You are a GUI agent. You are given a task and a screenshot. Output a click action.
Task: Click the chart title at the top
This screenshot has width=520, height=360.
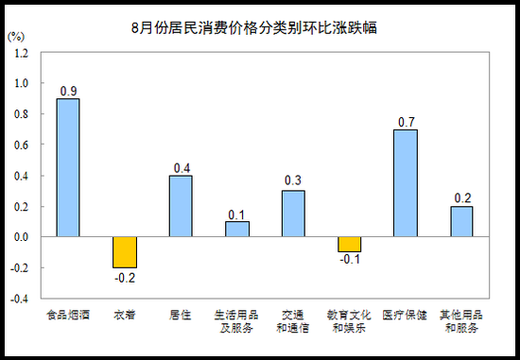[254, 27]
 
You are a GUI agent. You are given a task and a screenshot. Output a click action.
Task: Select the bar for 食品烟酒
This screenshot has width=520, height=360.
[68, 167]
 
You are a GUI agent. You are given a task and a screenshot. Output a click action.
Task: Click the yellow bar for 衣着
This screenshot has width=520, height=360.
[125, 252]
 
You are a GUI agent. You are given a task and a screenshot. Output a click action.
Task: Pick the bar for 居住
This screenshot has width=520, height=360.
[181, 206]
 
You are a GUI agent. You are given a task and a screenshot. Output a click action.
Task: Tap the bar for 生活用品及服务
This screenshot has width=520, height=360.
[237, 229]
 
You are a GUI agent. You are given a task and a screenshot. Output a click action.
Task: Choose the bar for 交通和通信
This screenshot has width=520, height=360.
[293, 214]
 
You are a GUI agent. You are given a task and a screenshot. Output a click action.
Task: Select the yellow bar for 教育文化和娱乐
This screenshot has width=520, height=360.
[350, 245]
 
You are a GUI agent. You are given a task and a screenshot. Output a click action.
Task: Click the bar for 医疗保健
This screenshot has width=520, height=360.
[406, 183]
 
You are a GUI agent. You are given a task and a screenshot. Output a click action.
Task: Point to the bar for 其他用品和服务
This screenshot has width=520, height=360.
[461, 221]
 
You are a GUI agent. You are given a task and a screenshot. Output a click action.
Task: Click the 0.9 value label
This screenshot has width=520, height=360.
[69, 91]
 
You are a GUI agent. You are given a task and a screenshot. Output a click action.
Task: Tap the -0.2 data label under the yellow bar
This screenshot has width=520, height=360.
[125, 278]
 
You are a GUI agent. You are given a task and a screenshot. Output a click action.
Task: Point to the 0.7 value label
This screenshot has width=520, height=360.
[407, 122]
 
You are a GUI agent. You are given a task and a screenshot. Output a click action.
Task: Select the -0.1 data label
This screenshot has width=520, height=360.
[350, 259]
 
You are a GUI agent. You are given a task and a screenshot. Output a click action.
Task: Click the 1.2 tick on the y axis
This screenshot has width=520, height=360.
[21, 53]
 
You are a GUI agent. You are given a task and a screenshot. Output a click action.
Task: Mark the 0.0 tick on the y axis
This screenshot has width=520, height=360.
[21, 237]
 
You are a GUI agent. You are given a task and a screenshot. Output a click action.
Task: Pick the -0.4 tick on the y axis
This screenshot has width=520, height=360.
[20, 299]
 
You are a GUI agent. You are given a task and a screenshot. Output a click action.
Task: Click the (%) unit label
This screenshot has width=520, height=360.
[16, 37]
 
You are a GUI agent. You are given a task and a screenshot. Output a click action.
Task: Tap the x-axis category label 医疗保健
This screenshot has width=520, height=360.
[405, 315]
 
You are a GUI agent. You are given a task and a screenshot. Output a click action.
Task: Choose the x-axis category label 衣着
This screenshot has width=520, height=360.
[125, 315]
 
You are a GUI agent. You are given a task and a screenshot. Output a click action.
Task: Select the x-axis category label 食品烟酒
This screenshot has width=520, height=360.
[68, 315]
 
